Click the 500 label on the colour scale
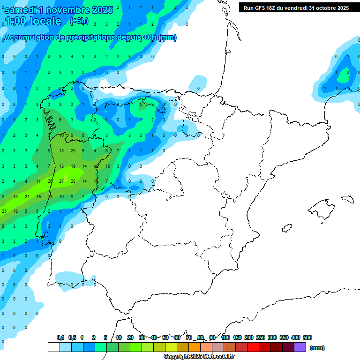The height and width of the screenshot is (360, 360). pos(307,337)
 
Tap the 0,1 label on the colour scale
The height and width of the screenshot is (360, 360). pos(60,337)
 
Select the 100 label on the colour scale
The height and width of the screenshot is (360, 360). pos(225,337)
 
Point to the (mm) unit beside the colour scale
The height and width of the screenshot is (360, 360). pos(317,348)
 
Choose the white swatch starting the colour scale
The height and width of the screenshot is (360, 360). pos(53,347)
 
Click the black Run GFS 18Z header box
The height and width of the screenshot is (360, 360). pos(296,8)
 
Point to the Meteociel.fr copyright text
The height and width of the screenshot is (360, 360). pos(199,357)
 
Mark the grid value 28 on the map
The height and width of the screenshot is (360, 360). pos(73,181)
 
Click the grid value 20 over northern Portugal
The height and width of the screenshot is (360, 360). pos(73,151)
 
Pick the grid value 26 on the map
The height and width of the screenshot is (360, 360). pos(50,181)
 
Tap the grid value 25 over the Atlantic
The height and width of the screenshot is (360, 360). pos(4,211)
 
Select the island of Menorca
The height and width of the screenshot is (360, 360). pos(347,199)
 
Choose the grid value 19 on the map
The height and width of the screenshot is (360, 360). pos(39,196)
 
